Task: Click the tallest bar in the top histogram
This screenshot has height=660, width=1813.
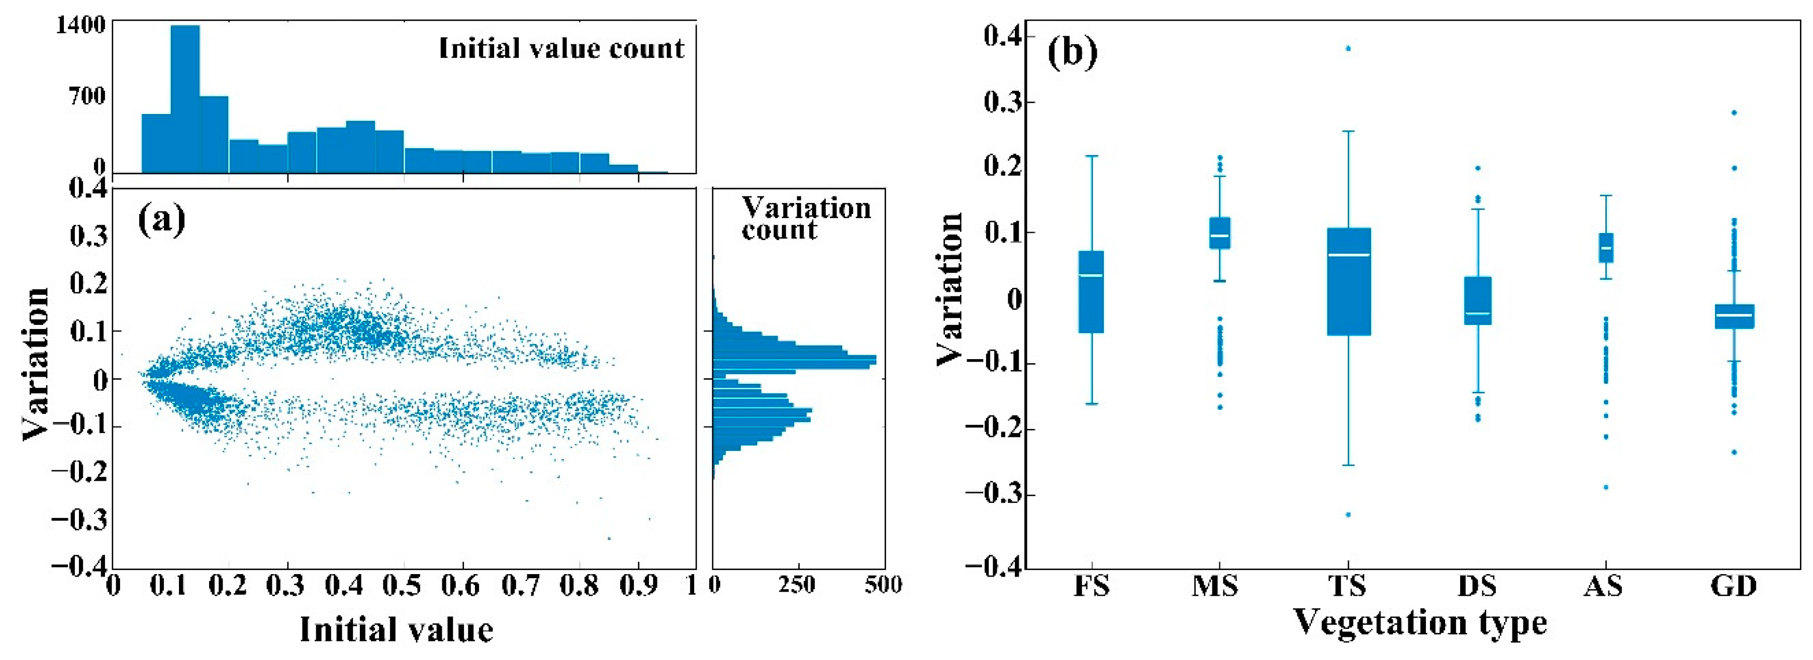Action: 185,98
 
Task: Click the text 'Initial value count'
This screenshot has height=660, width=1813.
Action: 561,49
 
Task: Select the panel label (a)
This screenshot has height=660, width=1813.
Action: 161,219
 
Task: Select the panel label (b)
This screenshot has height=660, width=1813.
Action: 1072,53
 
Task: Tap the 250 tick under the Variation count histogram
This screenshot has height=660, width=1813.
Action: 797,585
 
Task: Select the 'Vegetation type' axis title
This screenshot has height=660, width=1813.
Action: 1420,622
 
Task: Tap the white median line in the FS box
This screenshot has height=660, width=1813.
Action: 1091,275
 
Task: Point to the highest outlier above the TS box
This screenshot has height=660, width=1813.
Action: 1349,49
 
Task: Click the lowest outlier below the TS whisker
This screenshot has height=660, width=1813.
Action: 1349,514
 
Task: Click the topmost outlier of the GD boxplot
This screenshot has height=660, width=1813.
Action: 1734,113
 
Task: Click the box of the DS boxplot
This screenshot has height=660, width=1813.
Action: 1478,300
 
